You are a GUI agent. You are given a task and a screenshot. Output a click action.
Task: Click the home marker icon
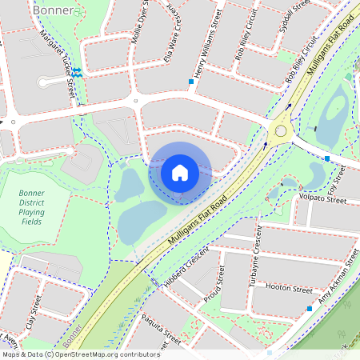point(180,173)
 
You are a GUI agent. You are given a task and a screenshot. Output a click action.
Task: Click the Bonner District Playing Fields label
point(38,214)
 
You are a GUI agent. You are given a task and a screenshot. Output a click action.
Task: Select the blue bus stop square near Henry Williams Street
point(191,82)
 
